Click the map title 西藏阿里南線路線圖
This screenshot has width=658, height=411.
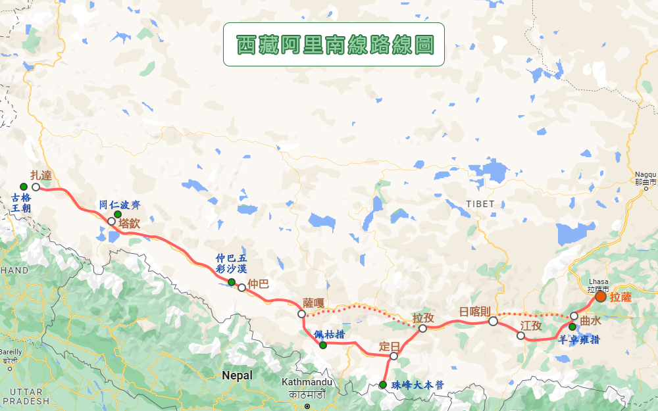tap(334, 44)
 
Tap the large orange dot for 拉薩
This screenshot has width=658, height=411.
tap(601, 297)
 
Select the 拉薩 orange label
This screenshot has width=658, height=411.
tap(620, 297)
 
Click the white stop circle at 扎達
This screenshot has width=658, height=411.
tap(36, 187)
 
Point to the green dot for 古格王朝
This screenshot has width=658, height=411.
tap(24, 187)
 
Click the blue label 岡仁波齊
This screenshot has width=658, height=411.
tap(119, 205)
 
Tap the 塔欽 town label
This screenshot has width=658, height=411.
tap(130, 223)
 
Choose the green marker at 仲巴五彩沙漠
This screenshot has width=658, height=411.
tap(232, 282)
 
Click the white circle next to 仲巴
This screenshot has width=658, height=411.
tap(242, 287)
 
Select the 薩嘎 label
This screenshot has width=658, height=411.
tap(314, 303)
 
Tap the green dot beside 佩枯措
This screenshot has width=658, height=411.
tap(323, 345)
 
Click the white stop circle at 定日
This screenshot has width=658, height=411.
tap(393, 356)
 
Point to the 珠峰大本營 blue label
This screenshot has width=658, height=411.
tap(417, 385)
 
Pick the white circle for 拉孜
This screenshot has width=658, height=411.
tap(422, 328)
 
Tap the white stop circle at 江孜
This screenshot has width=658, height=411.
tap(520, 336)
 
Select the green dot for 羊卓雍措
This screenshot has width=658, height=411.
tap(572, 327)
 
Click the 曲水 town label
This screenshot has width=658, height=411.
tap(590, 321)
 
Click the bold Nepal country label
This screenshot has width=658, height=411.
tap(237, 375)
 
